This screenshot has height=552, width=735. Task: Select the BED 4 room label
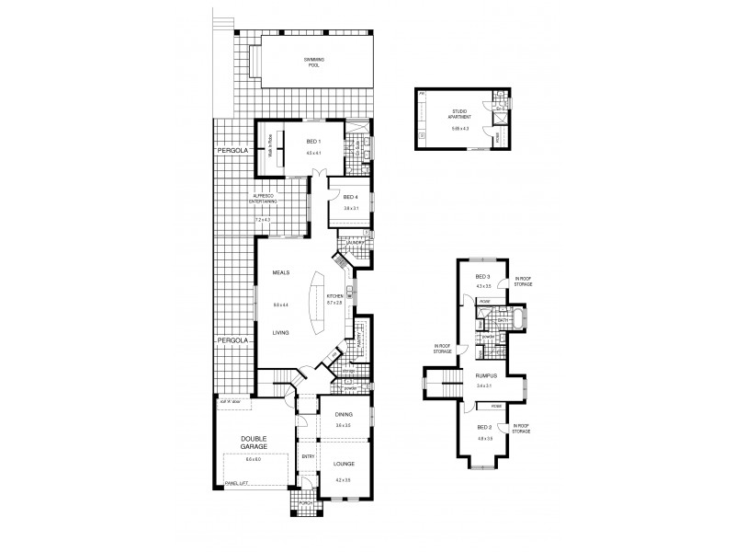(x=349, y=197)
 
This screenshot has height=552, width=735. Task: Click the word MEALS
(x=280, y=273)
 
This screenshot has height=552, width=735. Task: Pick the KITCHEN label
(x=334, y=295)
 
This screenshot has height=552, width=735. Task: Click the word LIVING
(x=280, y=334)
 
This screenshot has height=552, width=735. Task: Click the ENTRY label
(x=307, y=455)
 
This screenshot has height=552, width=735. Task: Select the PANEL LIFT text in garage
(x=238, y=484)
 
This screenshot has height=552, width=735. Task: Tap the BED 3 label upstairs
(x=482, y=277)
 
